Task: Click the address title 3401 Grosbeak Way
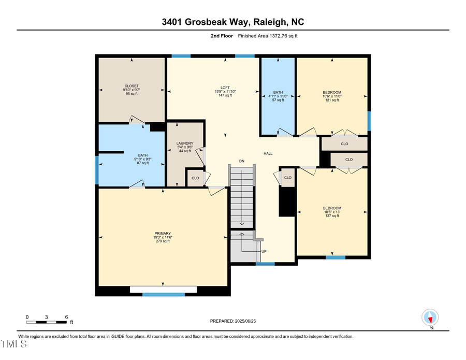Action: coord(232,22)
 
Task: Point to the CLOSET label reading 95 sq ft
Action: coord(132,90)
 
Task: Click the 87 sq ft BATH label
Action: coord(142,159)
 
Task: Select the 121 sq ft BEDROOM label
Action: coord(331,96)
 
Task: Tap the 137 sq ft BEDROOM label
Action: coord(331,212)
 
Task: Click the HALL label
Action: coord(268,153)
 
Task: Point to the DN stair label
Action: coord(241,161)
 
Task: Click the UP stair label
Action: coord(264,251)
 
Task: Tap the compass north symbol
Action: coord(431,317)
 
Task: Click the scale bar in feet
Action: coord(47,322)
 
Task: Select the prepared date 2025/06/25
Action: coord(233,321)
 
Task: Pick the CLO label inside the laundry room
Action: coord(195,178)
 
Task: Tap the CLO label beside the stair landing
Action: coord(288,178)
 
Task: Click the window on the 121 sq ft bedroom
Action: coord(369,121)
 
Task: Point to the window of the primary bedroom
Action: coord(163,294)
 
